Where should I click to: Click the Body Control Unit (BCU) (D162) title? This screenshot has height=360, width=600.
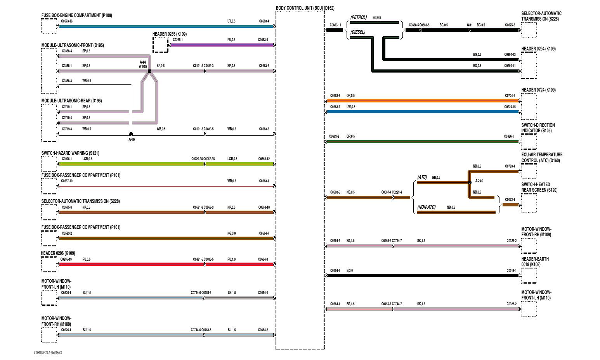[x=305, y=8]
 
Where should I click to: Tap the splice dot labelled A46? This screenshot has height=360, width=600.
[x=131, y=134]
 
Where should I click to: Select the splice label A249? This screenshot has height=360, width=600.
[x=479, y=181]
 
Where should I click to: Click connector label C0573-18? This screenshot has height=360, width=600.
[x=67, y=21]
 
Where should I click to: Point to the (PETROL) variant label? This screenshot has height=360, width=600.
[x=358, y=17]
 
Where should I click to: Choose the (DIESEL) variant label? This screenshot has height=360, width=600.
[x=357, y=32]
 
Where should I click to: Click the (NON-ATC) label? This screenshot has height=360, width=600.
[x=426, y=207]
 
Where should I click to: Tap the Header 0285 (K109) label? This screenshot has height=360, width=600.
[x=169, y=34]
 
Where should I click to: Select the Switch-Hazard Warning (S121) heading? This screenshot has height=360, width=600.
[x=70, y=153]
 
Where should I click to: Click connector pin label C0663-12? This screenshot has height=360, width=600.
[x=264, y=159]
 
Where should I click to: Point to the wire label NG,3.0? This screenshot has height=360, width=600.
[x=231, y=234]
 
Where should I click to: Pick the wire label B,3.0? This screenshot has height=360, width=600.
[x=350, y=271]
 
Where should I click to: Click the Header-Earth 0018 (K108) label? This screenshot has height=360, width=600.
[x=535, y=262]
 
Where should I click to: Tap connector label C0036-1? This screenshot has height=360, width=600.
[x=509, y=137]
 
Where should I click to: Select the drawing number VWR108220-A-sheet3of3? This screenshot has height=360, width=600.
[x=48, y=353]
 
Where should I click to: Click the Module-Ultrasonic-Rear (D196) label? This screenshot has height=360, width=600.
[x=71, y=101]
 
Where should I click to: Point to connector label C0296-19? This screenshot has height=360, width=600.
[x=66, y=260]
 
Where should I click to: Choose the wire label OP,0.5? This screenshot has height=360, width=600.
[x=350, y=96]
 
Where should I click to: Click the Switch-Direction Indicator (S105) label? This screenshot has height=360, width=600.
[x=538, y=128]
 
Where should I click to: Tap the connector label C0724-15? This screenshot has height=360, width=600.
[x=510, y=107]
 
